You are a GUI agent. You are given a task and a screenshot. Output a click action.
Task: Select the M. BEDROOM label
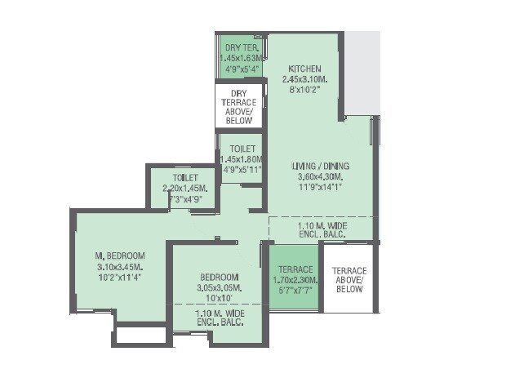coord(120,256)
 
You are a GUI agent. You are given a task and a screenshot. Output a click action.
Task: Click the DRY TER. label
coord(242,47)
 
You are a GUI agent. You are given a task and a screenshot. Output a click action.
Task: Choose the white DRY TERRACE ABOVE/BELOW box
coord(239,107)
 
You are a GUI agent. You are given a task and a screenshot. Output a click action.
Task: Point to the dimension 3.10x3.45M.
coord(120,266)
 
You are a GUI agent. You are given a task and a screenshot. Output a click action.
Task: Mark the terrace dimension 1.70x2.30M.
coord(295,279)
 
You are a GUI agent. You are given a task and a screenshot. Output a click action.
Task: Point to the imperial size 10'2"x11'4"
coord(120,277)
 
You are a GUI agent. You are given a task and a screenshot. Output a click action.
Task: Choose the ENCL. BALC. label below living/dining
coord(322,233)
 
